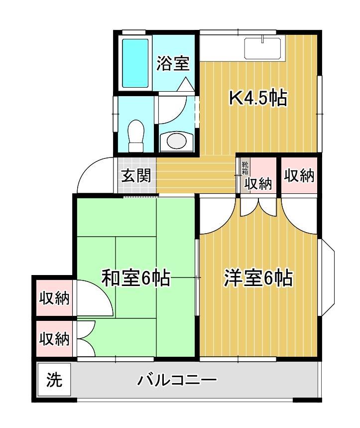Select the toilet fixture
135,136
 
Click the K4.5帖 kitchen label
257,99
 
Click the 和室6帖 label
136,278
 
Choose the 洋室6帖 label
257,278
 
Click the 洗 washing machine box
54,381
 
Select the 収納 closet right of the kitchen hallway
299,175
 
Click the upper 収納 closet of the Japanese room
54,299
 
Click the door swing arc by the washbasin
175,112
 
